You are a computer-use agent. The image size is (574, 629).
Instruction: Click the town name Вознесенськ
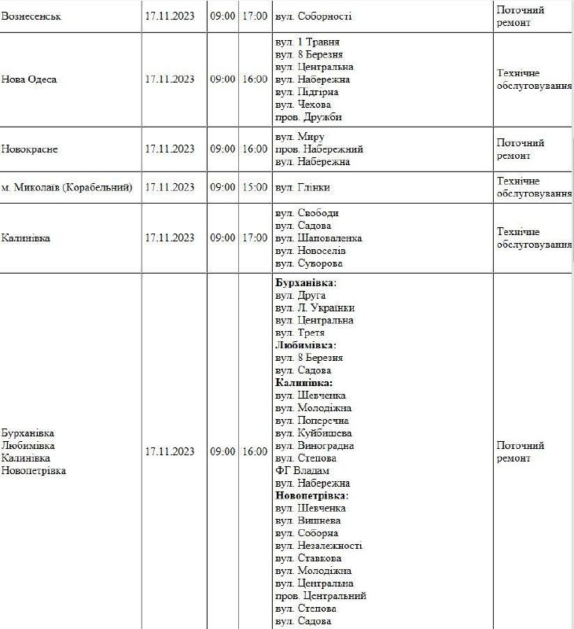31,17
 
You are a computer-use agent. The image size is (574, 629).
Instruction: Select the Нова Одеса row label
30,79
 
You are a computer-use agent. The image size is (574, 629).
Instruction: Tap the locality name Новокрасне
30,149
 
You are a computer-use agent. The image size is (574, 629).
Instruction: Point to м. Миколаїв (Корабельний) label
67,187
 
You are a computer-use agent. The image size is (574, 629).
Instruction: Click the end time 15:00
255,187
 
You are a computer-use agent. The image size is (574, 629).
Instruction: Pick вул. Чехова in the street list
303,105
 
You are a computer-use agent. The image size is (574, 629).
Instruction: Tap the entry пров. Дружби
309,117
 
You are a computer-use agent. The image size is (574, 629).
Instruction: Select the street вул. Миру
300,137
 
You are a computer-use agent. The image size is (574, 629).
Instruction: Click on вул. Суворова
309,263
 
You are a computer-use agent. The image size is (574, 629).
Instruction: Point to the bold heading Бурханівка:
306,282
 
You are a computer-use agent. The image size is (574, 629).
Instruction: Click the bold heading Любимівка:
306,345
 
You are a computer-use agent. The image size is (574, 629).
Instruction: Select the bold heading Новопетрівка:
312,495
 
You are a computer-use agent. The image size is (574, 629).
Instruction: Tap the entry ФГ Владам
302,470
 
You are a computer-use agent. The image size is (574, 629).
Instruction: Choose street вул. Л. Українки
315,307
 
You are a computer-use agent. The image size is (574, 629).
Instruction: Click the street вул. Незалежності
318,546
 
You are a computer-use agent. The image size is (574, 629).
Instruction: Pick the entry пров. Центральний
321,596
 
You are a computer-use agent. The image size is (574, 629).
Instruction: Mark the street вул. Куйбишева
314,432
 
